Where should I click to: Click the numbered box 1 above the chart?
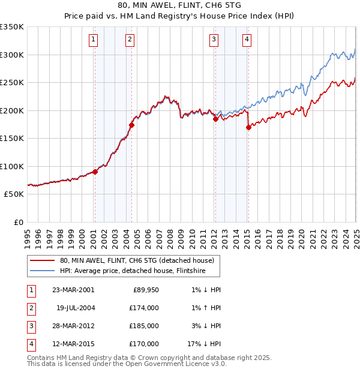(x=94, y=40)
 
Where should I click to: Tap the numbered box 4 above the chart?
(x=247, y=40)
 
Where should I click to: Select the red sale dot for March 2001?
(x=95, y=172)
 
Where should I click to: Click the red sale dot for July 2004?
(x=131, y=125)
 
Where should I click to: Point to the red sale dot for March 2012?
(x=215, y=119)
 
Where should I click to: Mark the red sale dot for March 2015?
(x=248, y=127)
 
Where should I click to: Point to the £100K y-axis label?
(x=12, y=166)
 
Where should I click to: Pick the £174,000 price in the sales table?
(x=145, y=308)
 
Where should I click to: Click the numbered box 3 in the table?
(x=30, y=326)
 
